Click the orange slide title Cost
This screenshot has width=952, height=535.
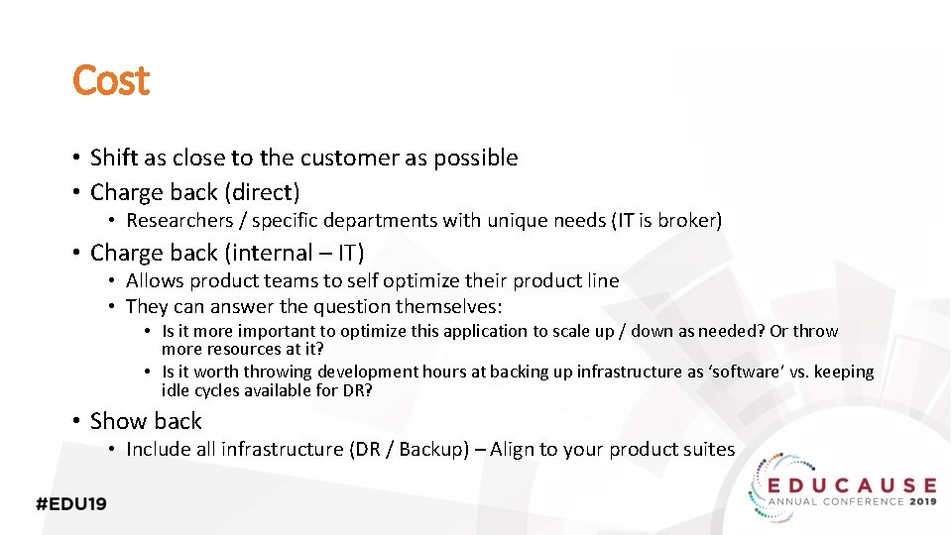pos(110,80)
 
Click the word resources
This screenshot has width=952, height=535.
pos(244,349)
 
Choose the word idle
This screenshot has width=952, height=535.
pos(176,390)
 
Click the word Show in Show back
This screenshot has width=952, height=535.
pos(116,421)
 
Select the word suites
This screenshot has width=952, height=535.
pos(707,449)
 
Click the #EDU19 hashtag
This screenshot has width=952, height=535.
pos(70,503)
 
